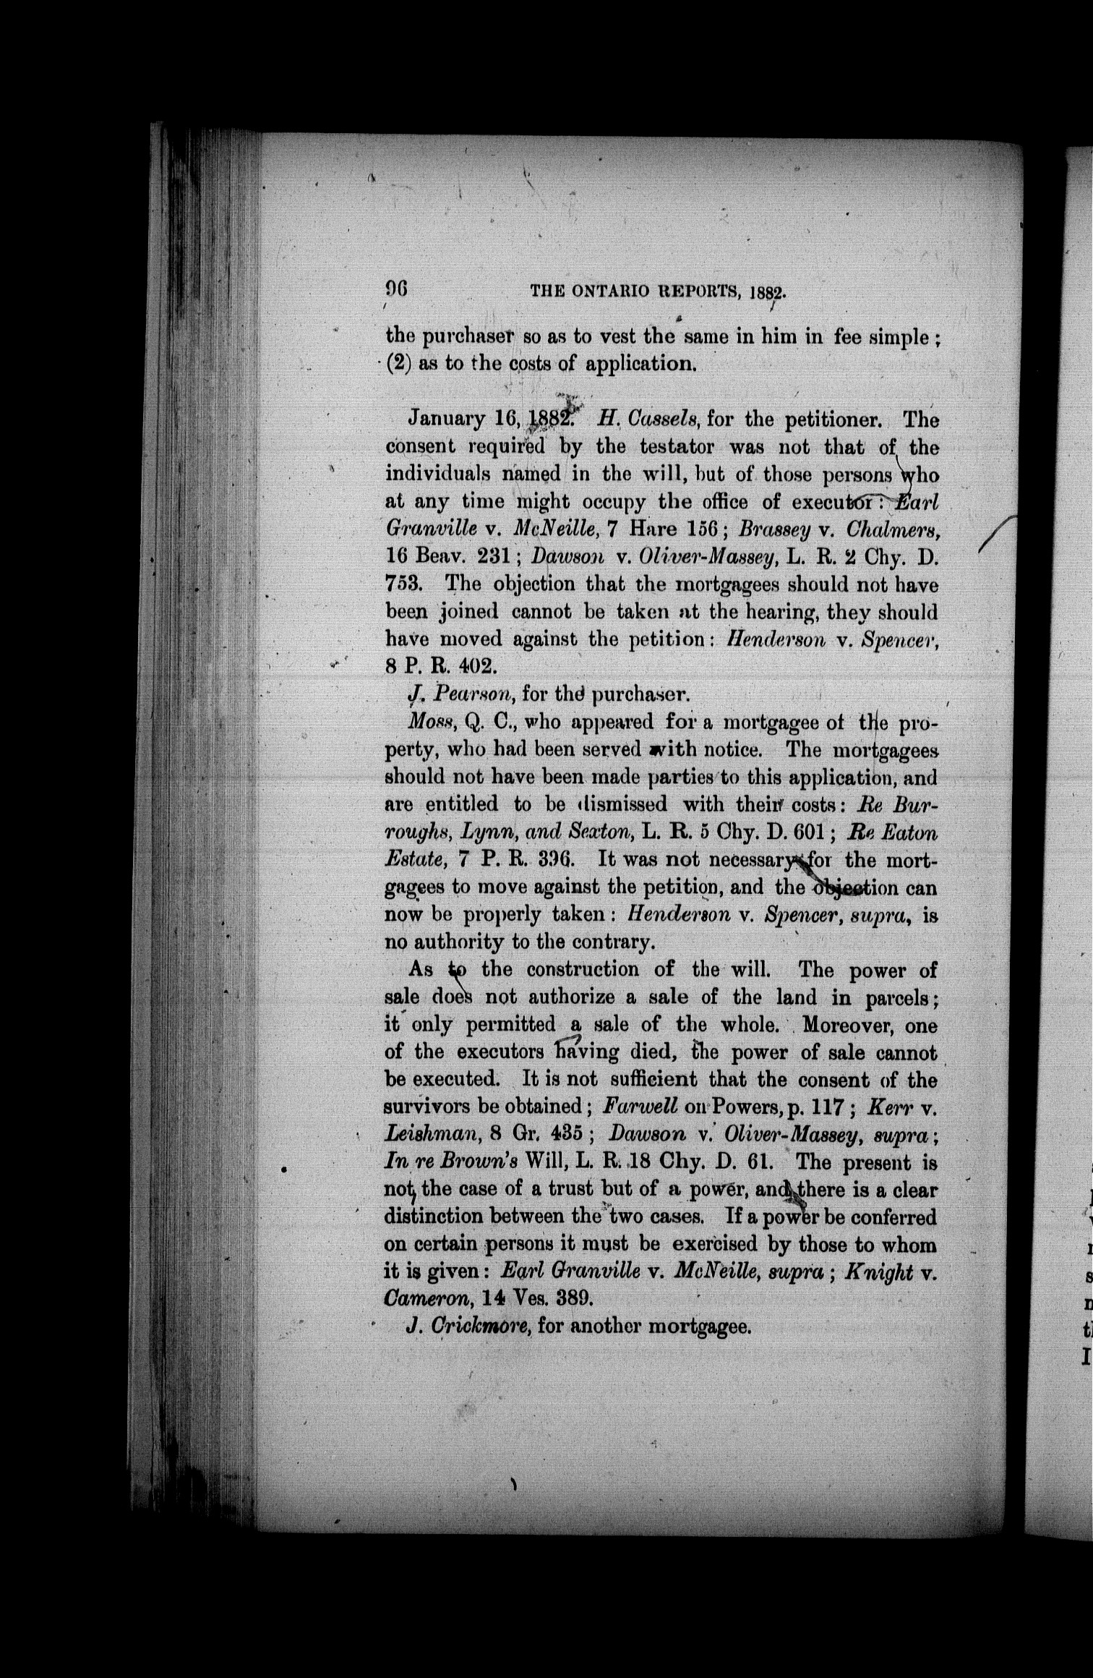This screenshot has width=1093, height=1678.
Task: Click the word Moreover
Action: [x=857, y=1026]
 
